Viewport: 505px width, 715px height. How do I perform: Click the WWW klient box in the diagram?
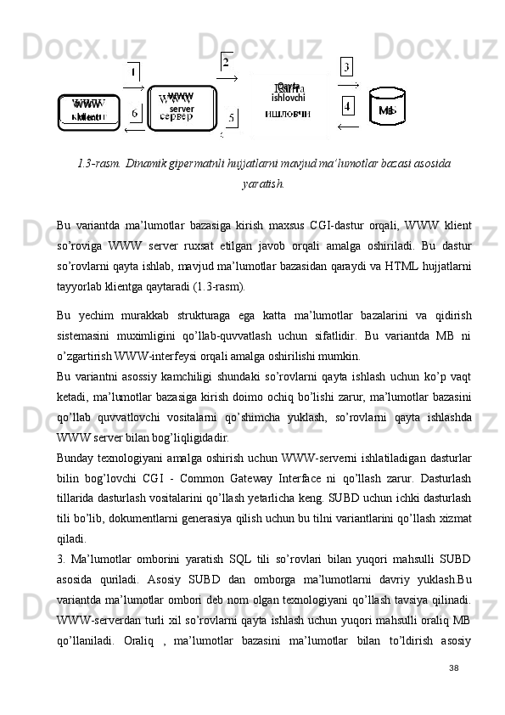(x=89, y=112)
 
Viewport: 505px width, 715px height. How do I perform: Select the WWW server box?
(x=181, y=107)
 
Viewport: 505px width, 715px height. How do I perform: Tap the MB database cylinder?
(x=387, y=109)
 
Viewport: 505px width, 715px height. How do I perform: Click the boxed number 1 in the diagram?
(x=134, y=74)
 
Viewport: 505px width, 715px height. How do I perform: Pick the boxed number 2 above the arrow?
(x=226, y=62)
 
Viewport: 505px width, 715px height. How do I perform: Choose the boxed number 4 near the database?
(x=347, y=106)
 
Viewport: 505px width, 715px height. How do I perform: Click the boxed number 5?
(x=232, y=118)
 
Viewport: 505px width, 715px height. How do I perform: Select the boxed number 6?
(x=134, y=114)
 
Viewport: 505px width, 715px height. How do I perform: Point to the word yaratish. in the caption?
(x=262, y=183)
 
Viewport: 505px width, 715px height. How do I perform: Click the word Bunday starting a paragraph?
(x=76, y=459)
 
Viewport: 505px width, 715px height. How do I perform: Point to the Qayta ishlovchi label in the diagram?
(x=288, y=91)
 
